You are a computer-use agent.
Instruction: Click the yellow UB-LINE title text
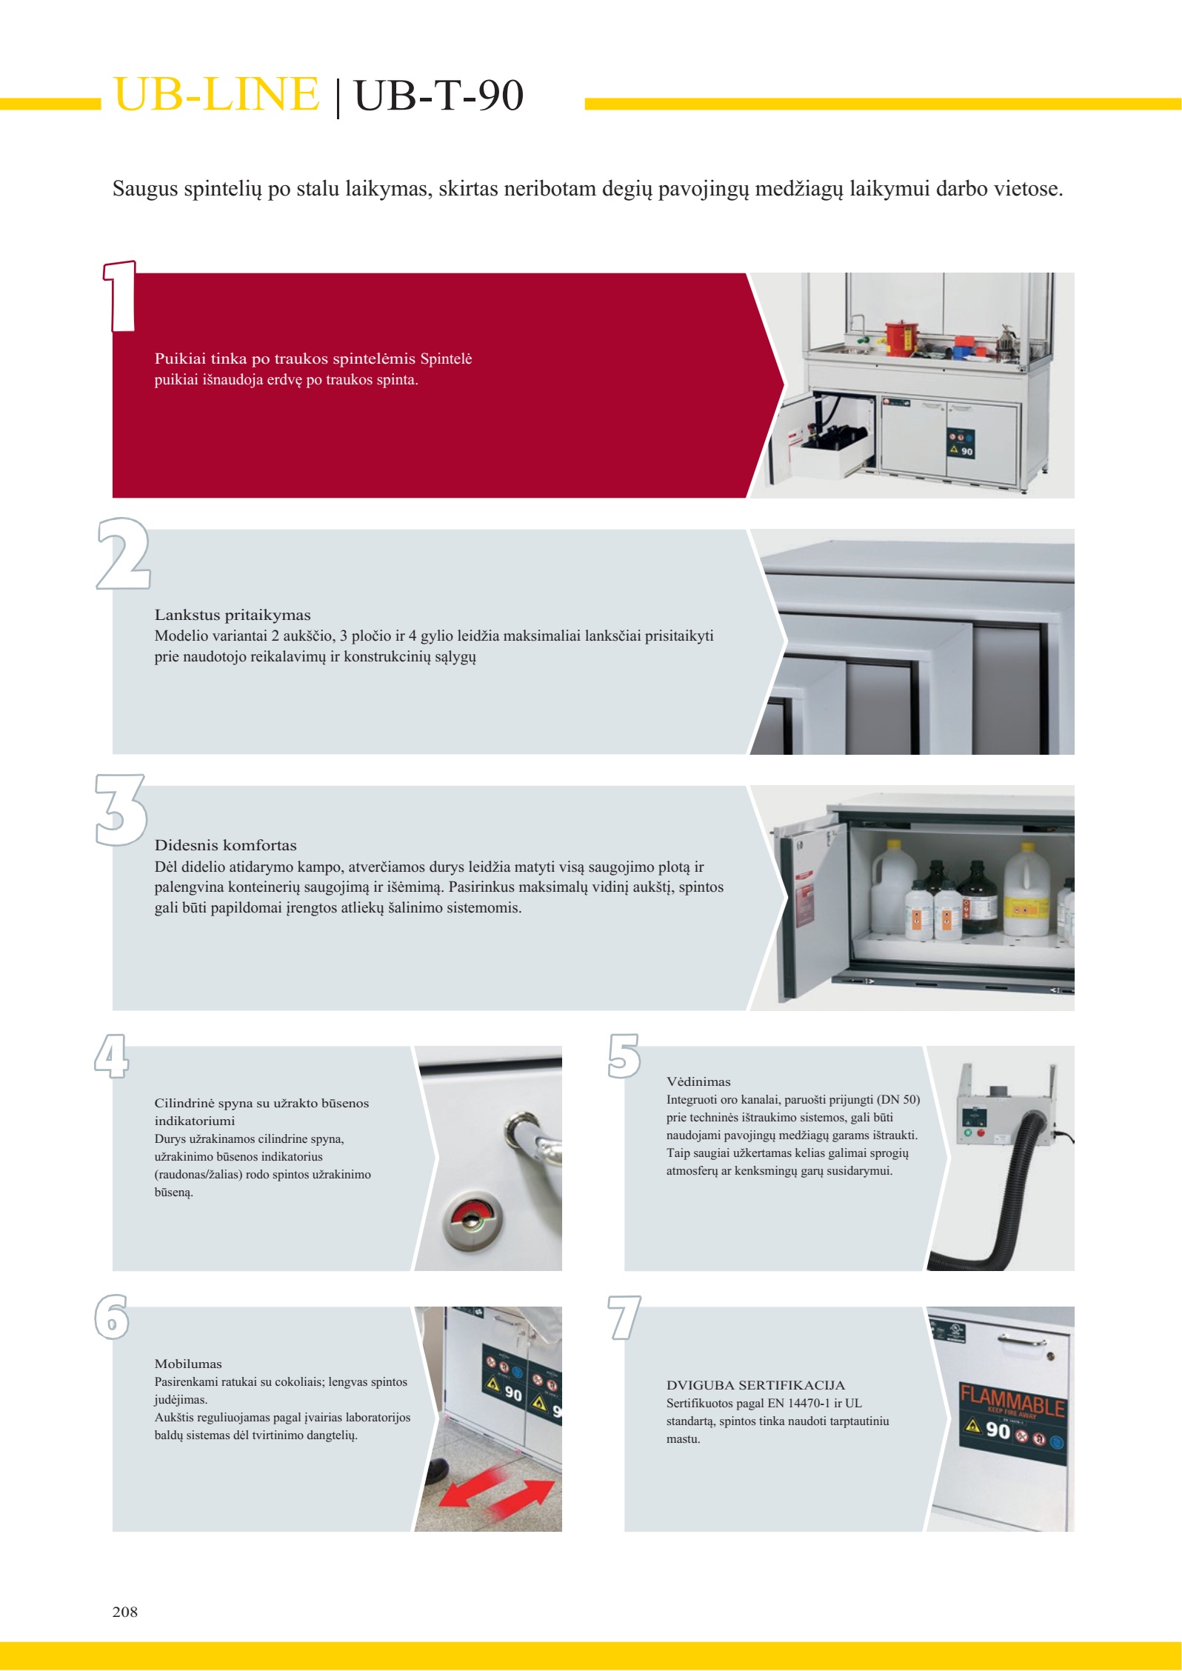(x=216, y=94)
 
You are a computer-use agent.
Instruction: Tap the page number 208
(x=125, y=1611)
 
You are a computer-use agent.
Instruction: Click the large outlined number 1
(x=120, y=296)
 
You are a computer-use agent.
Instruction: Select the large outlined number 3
(x=121, y=810)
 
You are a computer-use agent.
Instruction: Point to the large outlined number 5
(x=624, y=1055)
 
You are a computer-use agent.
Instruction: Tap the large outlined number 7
(x=624, y=1318)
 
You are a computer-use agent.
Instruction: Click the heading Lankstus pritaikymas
(x=233, y=615)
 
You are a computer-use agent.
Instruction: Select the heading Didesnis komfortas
(x=226, y=845)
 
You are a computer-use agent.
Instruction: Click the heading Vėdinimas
(x=698, y=1081)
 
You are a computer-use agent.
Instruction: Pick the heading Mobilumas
(x=188, y=1364)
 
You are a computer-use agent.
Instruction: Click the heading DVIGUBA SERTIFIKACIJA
(x=755, y=1385)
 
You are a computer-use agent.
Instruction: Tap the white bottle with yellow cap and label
(x=1026, y=889)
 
